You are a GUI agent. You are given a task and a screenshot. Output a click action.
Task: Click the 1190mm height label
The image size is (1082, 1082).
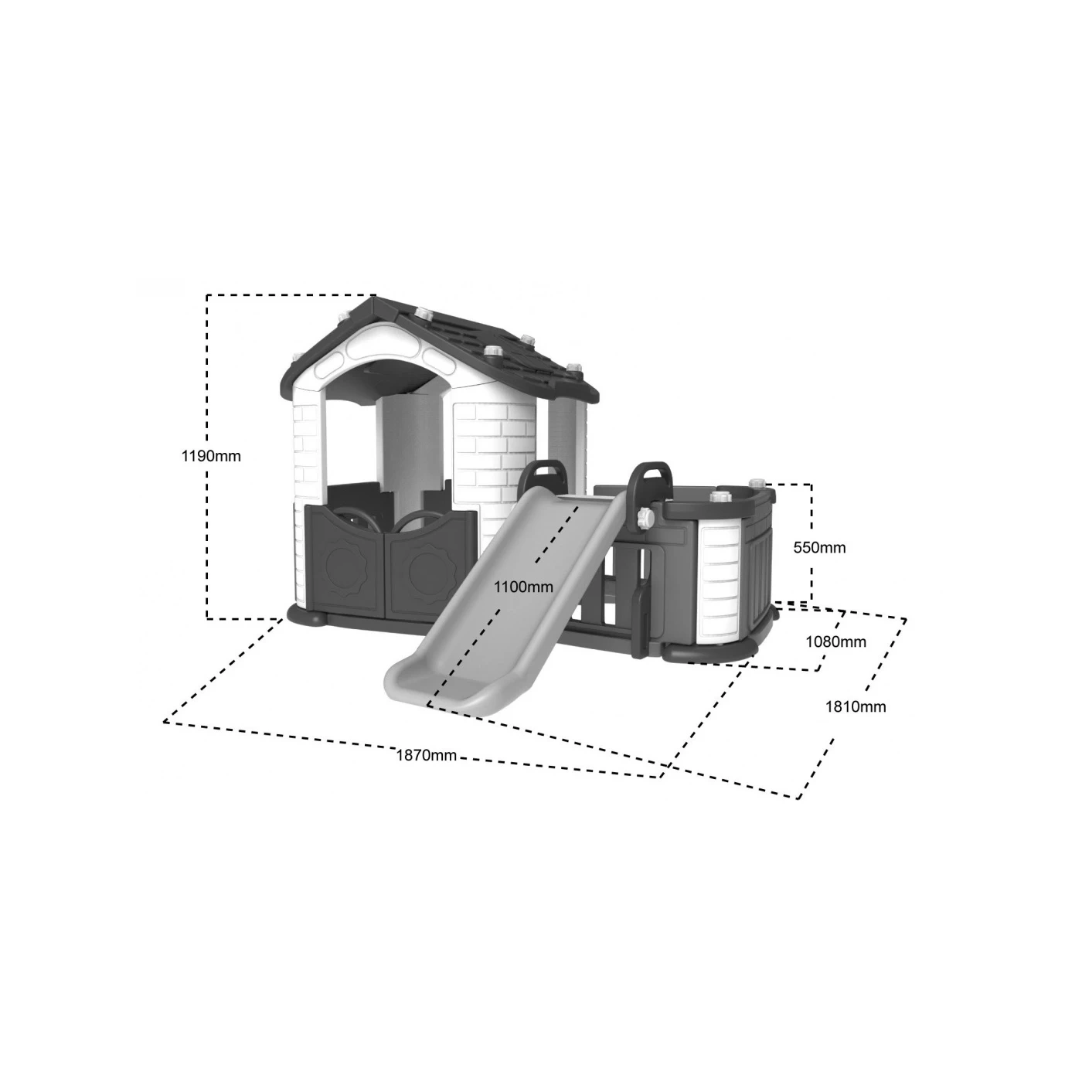(210, 456)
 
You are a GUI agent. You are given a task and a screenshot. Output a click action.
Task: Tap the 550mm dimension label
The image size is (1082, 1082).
(819, 547)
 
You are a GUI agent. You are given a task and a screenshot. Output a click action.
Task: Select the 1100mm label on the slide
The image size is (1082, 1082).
(523, 587)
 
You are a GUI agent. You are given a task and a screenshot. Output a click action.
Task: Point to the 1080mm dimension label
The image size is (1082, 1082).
(835, 641)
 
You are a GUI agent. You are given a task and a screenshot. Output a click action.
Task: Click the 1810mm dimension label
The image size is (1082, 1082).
(855, 707)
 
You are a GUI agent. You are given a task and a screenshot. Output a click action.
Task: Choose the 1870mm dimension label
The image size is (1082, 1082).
(426, 755)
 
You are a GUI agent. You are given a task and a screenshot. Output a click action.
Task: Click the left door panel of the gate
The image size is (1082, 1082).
(345, 562)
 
